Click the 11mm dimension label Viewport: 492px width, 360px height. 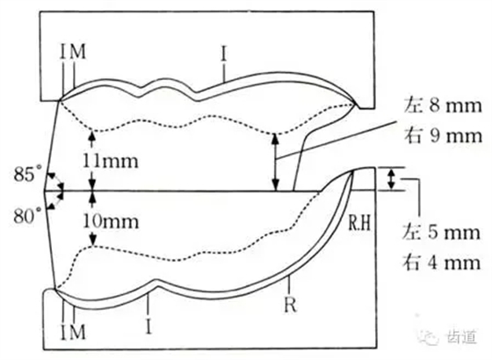click(110, 162)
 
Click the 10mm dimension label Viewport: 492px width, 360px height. click(110, 221)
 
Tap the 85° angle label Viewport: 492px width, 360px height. click(27, 174)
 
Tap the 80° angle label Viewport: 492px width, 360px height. click(27, 215)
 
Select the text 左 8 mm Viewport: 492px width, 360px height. click(443, 106)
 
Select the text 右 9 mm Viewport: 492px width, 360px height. click(443, 135)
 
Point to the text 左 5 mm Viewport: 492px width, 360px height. click(441, 233)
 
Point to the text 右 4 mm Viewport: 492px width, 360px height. click(441, 263)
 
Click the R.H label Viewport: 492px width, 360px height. click(359, 224)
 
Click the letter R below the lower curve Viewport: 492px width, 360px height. click(290, 304)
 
